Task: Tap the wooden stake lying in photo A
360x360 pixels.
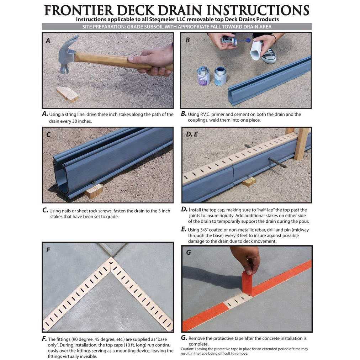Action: pos(67,94)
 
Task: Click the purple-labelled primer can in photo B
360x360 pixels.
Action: pos(203,76)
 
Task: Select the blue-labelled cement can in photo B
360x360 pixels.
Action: pos(221,76)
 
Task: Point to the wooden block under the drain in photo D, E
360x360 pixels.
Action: pos(249,182)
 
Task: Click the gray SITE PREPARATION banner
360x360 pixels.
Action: pos(177,27)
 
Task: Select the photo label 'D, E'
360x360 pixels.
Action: pos(192,134)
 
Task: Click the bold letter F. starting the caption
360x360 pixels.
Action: pos(44,339)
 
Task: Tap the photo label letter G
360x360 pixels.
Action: pos(188,252)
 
